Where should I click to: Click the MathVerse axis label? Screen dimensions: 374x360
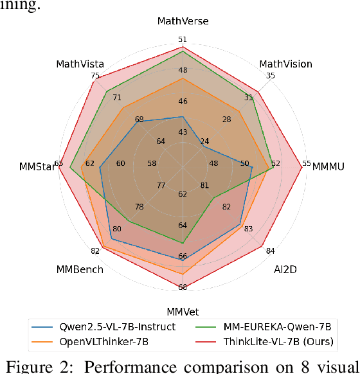click(183, 21)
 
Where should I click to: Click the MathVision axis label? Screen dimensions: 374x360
click(285, 64)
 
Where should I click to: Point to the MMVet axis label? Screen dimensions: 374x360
click(183, 312)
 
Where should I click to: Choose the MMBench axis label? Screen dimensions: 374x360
click(80, 269)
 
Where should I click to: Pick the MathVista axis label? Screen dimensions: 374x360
click(80, 64)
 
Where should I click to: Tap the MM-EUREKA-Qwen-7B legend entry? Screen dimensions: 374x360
click(280, 326)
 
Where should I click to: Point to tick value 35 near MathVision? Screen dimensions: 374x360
click(270, 76)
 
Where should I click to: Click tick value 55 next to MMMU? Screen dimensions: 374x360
click(307, 163)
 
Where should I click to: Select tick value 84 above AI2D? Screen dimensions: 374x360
click(270, 251)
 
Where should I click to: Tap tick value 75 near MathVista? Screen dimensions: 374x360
click(95, 76)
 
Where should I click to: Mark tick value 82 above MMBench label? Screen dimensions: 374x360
click(95, 251)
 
